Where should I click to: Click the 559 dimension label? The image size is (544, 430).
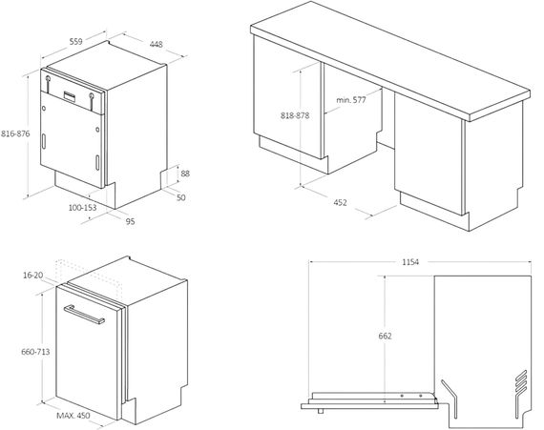pyautogui.click(x=76, y=42)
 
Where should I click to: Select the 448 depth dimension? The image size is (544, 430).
pyautogui.click(x=157, y=45)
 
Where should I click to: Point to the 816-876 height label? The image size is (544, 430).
pyautogui.click(x=15, y=133)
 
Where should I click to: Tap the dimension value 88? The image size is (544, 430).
pyautogui.click(x=185, y=174)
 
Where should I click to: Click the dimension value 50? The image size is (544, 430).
pyautogui.click(x=181, y=197)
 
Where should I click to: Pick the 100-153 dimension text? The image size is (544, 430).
pyautogui.click(x=82, y=208)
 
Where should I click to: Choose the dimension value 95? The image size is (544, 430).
pyautogui.click(x=130, y=221)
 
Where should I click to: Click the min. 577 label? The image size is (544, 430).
pyautogui.click(x=351, y=100)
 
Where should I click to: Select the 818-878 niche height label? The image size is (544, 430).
pyautogui.click(x=295, y=115)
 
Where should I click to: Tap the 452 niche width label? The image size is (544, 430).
pyautogui.click(x=340, y=202)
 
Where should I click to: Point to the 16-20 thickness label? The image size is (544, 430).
pyautogui.click(x=33, y=276)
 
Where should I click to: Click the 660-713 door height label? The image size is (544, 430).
pyautogui.click(x=35, y=352)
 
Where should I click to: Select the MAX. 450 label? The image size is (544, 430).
pyautogui.click(x=73, y=416)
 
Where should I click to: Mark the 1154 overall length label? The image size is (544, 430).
pyautogui.click(x=410, y=262)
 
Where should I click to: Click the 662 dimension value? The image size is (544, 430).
pyautogui.click(x=385, y=336)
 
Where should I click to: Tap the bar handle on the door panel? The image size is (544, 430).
pyautogui.click(x=84, y=315)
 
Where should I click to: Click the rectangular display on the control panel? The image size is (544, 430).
pyautogui.click(x=70, y=96)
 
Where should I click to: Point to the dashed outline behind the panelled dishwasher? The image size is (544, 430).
pyautogui.click(x=89, y=274)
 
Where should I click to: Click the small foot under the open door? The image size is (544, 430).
pyautogui.click(x=321, y=411)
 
